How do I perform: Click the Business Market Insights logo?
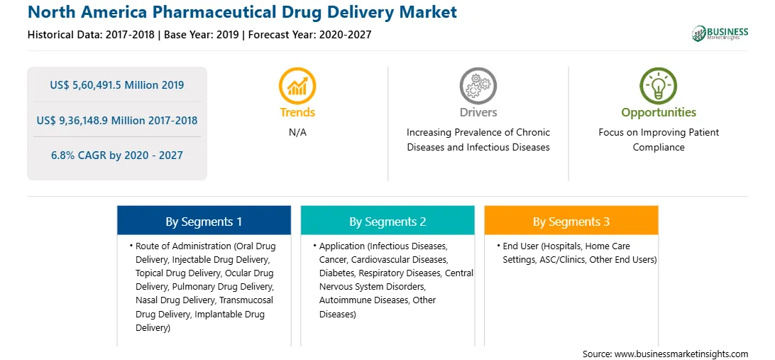click(x=720, y=33)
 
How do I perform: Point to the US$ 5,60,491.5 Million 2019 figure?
click(x=117, y=84)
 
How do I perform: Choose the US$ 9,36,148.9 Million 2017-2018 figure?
click(x=117, y=120)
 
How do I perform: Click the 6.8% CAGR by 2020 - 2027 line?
click(x=117, y=156)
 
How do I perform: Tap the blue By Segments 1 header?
click(x=204, y=220)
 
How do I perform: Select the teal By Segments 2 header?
click(x=387, y=220)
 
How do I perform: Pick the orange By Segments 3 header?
click(x=571, y=220)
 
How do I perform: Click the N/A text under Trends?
click(x=297, y=133)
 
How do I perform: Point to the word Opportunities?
click(x=659, y=112)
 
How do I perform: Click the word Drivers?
click(x=478, y=112)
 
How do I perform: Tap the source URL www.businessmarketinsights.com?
click(x=681, y=354)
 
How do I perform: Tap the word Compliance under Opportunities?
click(x=659, y=148)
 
